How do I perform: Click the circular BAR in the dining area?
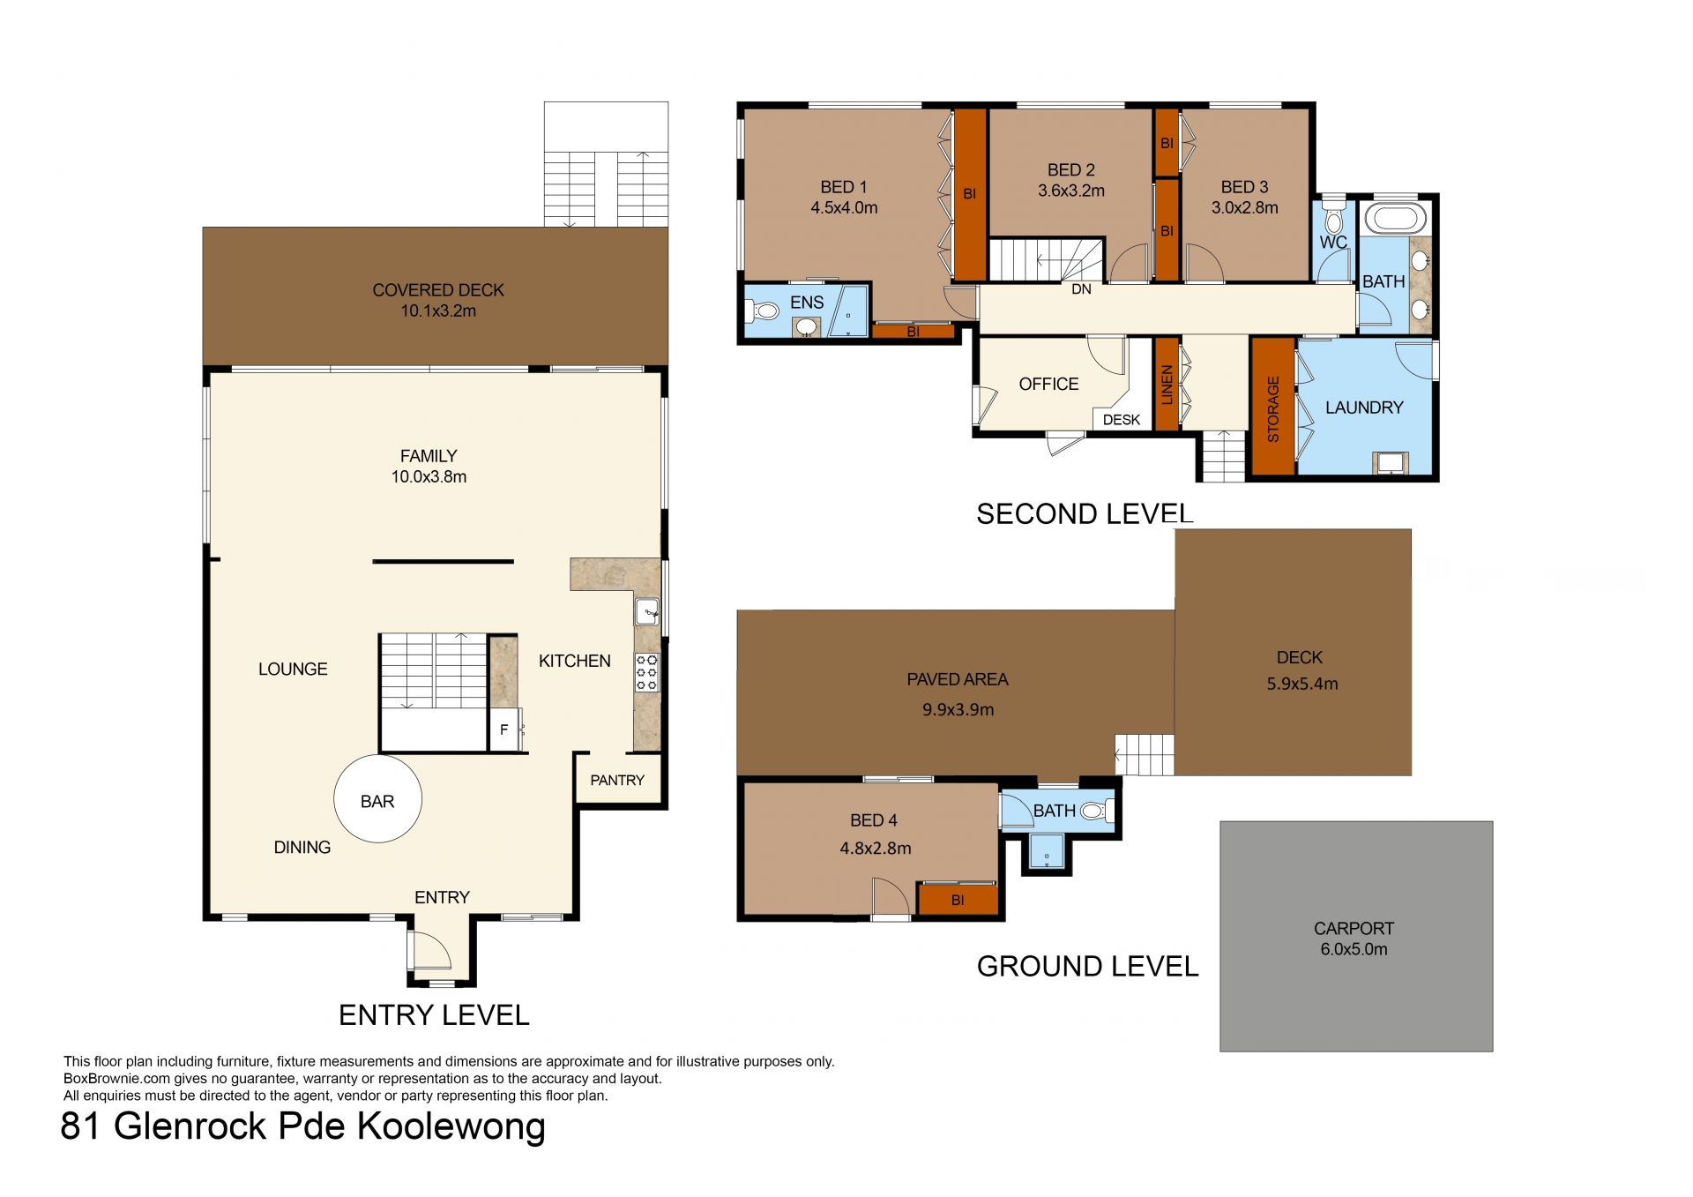tap(377, 800)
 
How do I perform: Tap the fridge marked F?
tap(505, 729)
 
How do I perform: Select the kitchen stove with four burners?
tap(647, 671)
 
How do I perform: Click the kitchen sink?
tap(647, 610)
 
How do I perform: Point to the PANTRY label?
tap(617, 780)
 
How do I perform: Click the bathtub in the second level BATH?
tap(1393, 218)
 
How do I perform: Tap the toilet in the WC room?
tap(1333, 217)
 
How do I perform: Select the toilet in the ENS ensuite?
tap(763, 310)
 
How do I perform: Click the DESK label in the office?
tap(1122, 420)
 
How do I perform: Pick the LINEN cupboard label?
tap(1167, 385)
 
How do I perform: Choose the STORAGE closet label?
tap(1273, 409)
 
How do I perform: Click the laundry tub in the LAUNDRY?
tap(1390, 463)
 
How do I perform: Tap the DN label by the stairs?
tap(1081, 289)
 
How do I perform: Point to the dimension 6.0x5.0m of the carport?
tap(1354, 949)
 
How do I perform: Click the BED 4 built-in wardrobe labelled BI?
tap(958, 900)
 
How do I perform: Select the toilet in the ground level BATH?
tap(1094, 811)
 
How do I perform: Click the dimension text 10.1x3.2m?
tap(438, 310)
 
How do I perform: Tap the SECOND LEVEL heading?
tap(1085, 513)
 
